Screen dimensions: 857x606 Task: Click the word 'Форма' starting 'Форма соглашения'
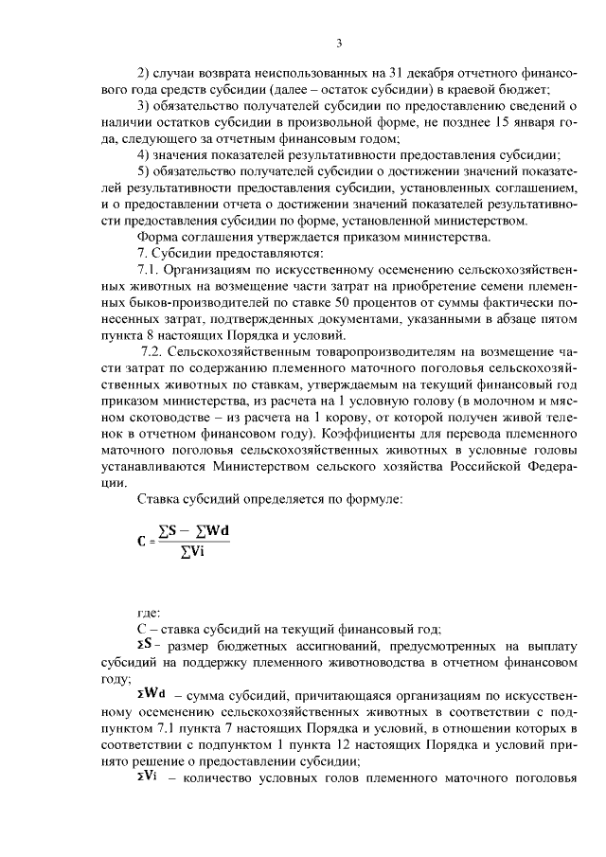click(159, 237)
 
